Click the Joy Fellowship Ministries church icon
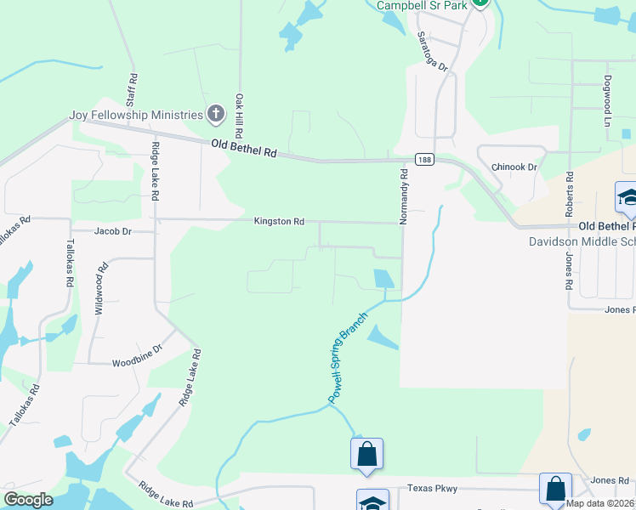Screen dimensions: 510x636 click(216, 114)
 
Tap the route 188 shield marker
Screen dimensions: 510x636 click(424, 159)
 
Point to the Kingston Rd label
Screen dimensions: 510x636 click(278, 221)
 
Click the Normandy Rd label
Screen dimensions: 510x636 click(404, 195)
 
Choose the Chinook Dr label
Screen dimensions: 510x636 click(515, 167)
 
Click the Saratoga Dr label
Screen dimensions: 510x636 click(431, 51)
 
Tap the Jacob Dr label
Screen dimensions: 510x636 click(113, 230)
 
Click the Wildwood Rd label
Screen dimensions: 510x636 click(101, 290)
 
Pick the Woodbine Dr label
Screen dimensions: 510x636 click(137, 362)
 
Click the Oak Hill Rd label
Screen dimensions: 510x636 click(241, 114)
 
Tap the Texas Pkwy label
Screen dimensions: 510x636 click(432, 488)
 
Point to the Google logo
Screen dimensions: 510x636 click(29, 500)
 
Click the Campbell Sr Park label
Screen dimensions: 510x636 click(422, 5)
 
